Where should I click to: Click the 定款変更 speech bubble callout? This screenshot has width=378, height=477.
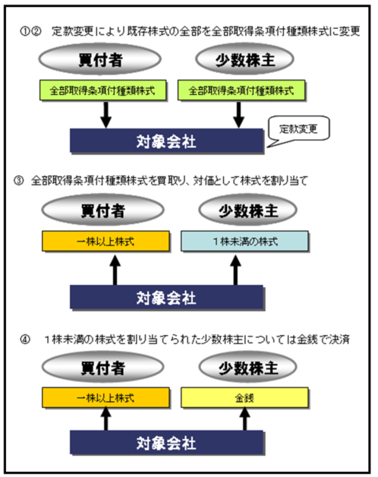point(298,129)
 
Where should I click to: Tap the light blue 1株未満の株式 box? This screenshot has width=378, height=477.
point(245,242)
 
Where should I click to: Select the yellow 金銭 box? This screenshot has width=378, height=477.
point(245,397)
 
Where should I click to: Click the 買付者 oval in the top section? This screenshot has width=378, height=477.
point(100,59)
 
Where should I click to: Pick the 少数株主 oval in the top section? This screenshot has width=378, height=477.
point(245,59)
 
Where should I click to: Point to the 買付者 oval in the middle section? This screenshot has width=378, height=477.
point(102,210)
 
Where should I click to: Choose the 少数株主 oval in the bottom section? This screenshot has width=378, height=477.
point(248,367)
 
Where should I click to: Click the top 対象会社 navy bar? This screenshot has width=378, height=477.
point(167,141)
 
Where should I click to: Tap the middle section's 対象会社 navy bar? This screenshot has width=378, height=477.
point(167,297)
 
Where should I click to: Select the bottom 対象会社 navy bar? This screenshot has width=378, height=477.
point(167,442)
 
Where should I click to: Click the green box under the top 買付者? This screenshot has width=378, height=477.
point(102,90)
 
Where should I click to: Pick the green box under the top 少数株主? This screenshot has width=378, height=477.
point(241,90)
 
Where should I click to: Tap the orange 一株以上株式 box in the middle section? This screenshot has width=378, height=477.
point(106,242)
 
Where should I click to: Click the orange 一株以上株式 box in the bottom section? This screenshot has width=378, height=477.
point(106,397)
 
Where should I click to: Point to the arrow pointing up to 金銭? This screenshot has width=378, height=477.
point(245,419)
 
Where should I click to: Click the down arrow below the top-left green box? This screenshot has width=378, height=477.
point(106,115)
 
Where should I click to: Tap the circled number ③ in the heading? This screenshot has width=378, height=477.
point(18,181)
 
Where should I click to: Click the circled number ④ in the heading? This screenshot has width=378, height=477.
point(25,340)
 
